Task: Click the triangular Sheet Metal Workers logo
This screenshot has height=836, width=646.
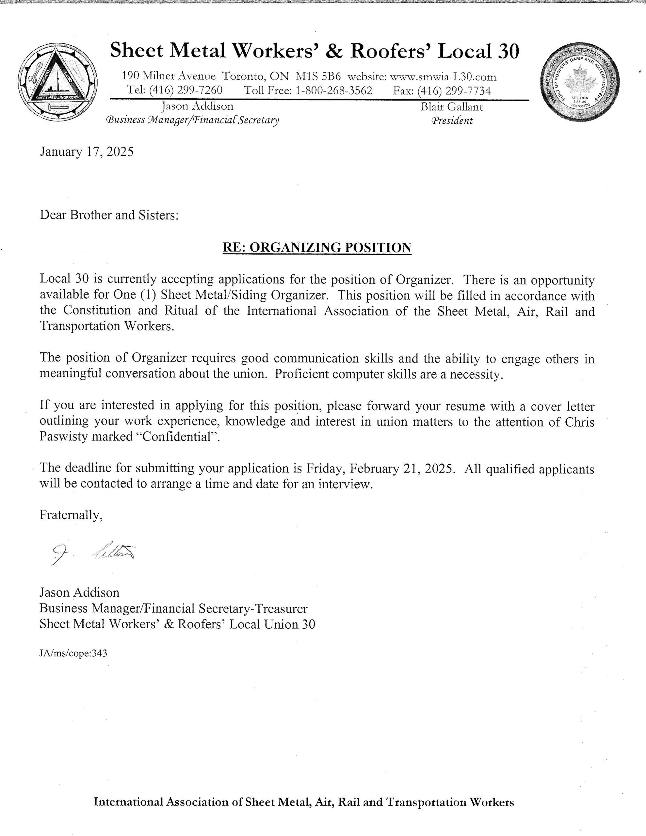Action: (x=58, y=82)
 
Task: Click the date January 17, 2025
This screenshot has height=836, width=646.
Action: (x=87, y=152)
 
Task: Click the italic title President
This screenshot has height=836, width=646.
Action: (x=452, y=121)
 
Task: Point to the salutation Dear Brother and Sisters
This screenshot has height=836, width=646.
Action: (x=109, y=215)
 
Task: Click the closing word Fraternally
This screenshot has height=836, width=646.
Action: (x=71, y=515)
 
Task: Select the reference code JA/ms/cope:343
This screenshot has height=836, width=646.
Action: (x=73, y=653)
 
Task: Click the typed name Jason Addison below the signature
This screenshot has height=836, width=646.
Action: (x=79, y=593)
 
